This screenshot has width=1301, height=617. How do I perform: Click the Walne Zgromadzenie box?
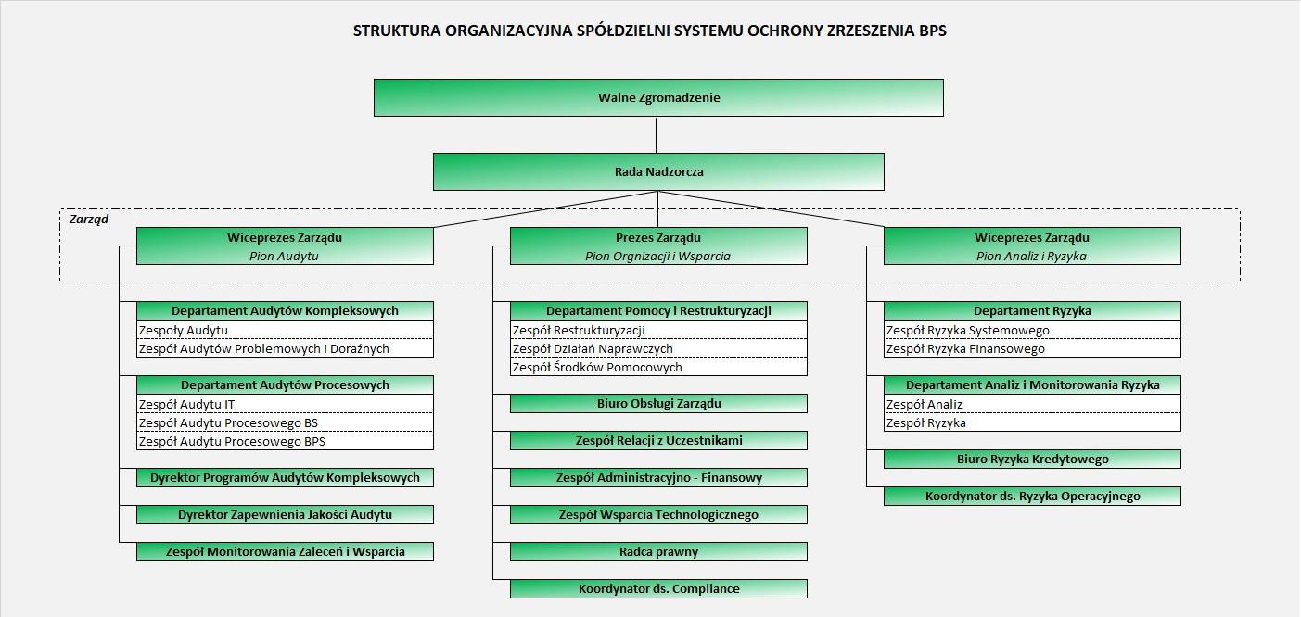pyautogui.click(x=658, y=97)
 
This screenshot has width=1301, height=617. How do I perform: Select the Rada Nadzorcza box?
pyautogui.click(x=658, y=171)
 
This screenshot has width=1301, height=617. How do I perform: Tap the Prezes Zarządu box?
pyautogui.click(x=658, y=246)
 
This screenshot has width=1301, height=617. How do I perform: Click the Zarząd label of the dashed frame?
pyautogui.click(x=89, y=220)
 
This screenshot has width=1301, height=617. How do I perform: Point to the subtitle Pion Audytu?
pyautogui.click(x=284, y=256)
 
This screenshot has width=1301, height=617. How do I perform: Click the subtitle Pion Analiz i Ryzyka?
pyautogui.click(x=1031, y=256)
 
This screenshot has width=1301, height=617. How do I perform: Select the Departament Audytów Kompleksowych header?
pyautogui.click(x=285, y=310)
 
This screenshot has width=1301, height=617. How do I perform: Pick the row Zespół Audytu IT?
pyautogui.click(x=285, y=404)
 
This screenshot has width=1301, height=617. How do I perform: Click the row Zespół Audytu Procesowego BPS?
pyautogui.click(x=285, y=441)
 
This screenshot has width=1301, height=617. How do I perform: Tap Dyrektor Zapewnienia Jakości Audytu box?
pyautogui.click(x=285, y=514)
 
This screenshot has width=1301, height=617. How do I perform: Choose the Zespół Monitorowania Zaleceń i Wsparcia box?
pyautogui.click(x=285, y=551)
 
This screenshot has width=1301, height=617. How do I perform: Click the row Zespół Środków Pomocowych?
pyautogui.click(x=658, y=367)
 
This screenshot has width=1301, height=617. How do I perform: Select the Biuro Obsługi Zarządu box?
pyautogui.click(x=658, y=403)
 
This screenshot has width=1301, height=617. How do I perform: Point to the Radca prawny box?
pyautogui.click(x=658, y=551)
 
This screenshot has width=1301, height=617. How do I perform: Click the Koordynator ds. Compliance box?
pyautogui.click(x=658, y=588)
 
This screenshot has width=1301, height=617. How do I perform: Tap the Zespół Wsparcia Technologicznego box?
pyautogui.click(x=658, y=514)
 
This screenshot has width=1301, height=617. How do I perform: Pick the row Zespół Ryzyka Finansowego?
pyautogui.click(x=1032, y=348)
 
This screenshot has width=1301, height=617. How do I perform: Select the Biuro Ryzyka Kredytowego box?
pyautogui.click(x=1032, y=460)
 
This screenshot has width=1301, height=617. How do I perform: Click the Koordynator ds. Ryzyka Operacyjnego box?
pyautogui.click(x=1032, y=497)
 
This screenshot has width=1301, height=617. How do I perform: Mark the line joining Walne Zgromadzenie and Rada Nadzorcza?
pyautogui.click(x=657, y=135)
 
